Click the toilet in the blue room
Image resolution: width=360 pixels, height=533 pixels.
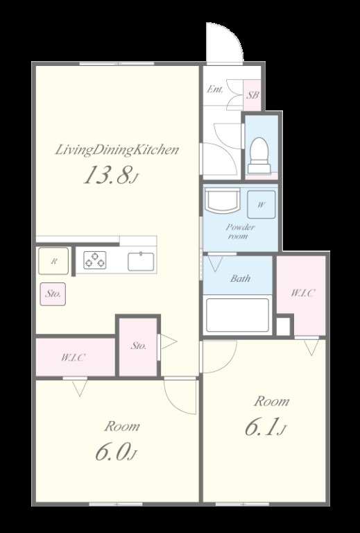coord(259,155)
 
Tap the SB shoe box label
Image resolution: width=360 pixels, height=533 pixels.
coord(252,95)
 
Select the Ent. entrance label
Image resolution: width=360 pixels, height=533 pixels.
coord(215,90)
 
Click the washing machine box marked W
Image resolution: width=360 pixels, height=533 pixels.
coord(262,204)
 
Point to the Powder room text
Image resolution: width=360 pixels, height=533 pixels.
coord(240,231)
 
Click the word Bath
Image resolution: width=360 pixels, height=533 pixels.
coord(240,278)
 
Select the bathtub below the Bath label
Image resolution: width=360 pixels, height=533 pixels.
coord(237,315)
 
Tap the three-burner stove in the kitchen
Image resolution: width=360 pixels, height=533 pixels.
coord(95,260)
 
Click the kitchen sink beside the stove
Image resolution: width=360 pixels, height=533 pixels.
coord(141,262)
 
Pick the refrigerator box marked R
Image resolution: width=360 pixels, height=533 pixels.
coord(53,261)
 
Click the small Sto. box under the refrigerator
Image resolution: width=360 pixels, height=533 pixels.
coord(53,294)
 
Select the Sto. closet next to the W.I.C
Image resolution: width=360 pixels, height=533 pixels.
coord(138,347)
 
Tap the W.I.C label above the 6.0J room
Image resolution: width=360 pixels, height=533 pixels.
coord(73,357)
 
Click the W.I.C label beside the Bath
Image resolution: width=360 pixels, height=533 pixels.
coord(302,293)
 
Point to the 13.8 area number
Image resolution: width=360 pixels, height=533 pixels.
coord(106,176)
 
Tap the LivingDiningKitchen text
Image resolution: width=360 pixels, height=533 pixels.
coord(117,150)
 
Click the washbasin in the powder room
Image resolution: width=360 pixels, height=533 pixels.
coord(223,201)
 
